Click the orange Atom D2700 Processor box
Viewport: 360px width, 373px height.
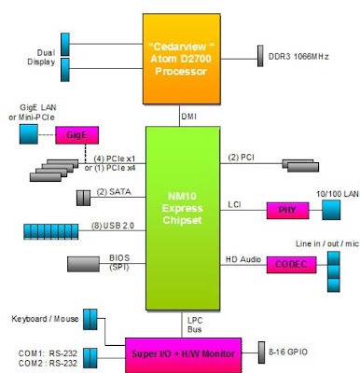(x=182, y=59)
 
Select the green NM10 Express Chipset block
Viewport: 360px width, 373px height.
(x=183, y=218)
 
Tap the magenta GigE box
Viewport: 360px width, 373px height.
(x=77, y=135)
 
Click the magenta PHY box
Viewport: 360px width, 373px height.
(x=287, y=211)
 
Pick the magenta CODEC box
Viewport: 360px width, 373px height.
(x=291, y=265)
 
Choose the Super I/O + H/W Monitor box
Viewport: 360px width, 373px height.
(x=184, y=355)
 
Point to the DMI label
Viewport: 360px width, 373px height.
(x=188, y=117)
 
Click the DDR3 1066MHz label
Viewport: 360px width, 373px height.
(x=298, y=57)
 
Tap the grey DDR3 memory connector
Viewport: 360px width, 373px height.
(x=260, y=56)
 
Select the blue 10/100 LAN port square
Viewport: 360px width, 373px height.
(x=331, y=210)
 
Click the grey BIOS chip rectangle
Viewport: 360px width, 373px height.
(x=83, y=264)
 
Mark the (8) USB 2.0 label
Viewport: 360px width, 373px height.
(x=113, y=226)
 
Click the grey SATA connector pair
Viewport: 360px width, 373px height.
(x=83, y=198)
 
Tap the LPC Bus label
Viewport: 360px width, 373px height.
(x=195, y=325)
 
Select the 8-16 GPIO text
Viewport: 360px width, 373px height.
(x=288, y=352)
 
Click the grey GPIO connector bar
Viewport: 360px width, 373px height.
(x=261, y=352)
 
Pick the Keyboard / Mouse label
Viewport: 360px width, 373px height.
(x=45, y=319)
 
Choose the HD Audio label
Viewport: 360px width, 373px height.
(x=243, y=259)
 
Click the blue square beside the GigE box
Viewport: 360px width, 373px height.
(x=29, y=134)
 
